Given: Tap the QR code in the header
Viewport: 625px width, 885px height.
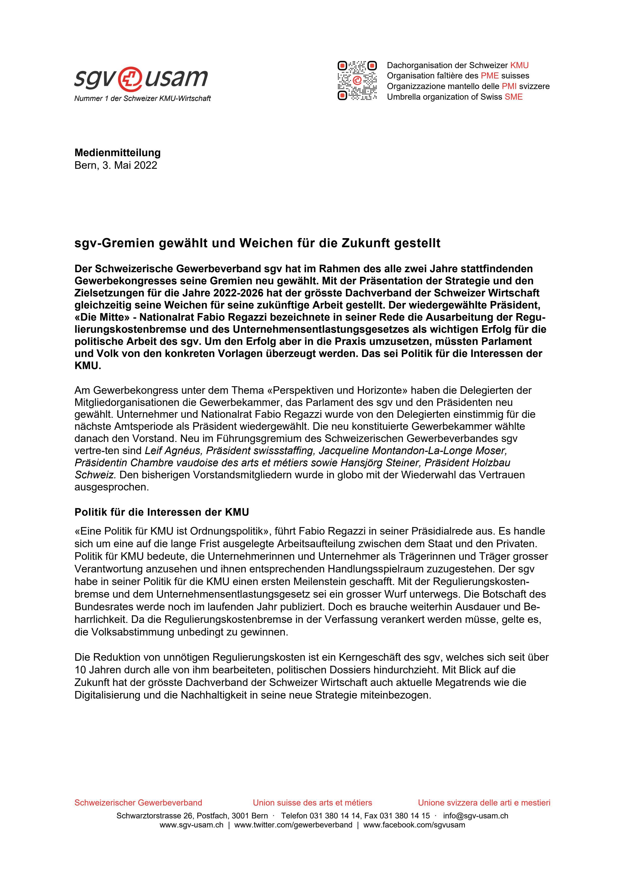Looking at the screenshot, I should (357, 80).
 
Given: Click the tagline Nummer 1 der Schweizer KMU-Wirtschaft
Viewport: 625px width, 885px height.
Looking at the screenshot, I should (142, 99).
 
